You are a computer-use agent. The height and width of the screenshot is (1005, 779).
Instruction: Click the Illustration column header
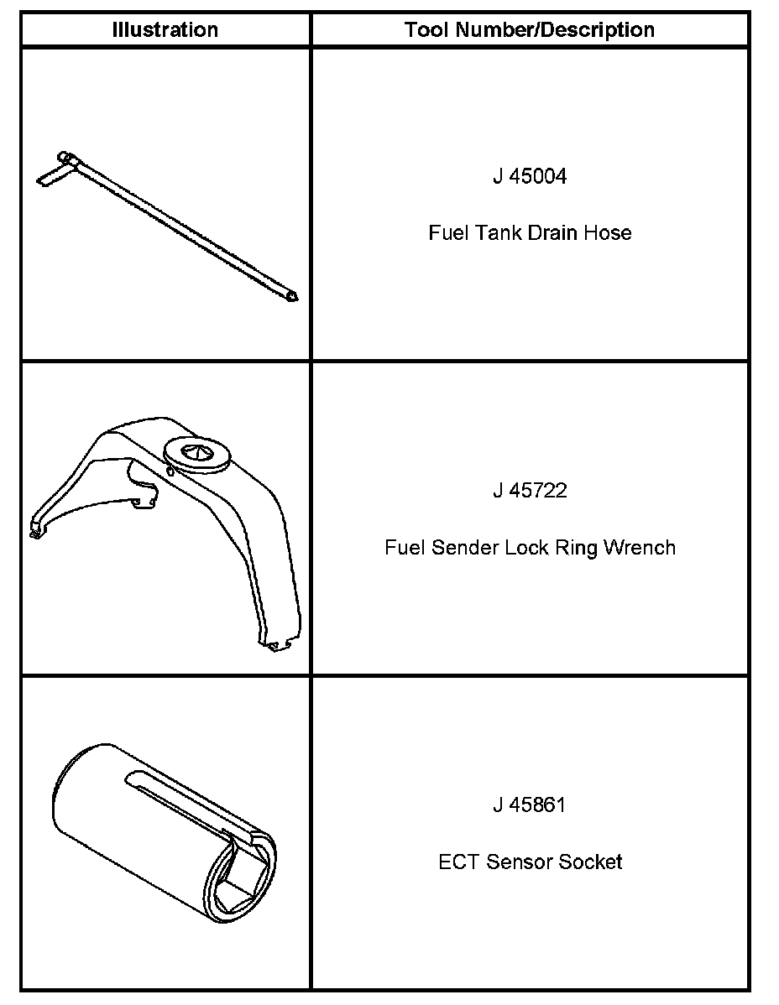(165, 30)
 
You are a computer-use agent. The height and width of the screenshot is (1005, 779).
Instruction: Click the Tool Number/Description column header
(529, 30)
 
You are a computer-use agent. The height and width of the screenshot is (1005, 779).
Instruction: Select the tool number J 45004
(529, 177)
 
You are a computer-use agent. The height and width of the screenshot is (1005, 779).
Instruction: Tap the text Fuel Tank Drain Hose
(530, 232)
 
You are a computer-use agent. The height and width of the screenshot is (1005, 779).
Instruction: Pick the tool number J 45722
(530, 491)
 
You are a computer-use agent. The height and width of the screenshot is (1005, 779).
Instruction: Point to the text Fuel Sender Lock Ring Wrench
(530, 548)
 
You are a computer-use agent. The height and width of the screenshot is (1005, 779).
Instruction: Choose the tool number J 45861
(530, 805)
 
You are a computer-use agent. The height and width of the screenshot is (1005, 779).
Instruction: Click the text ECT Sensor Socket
(530, 862)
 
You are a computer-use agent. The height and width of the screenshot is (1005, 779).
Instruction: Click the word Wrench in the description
(641, 548)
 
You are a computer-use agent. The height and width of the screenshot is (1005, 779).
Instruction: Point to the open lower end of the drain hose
(291, 296)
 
